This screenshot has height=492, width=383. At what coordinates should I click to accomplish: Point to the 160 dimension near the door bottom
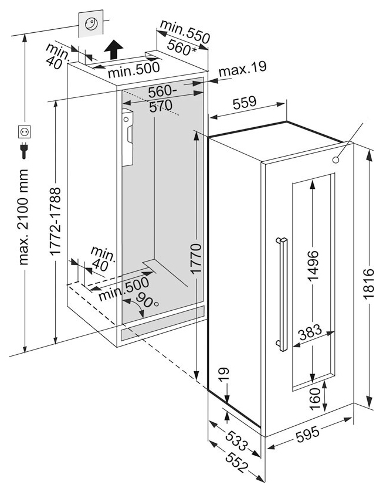pos(315,399)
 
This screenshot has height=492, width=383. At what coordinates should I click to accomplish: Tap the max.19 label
pos(242,68)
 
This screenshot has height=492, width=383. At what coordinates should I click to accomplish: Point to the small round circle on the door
pos(335,160)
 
